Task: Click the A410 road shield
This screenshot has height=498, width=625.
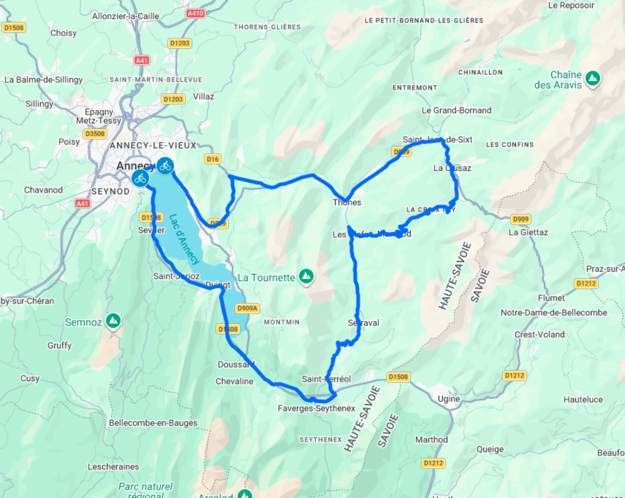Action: click(x=195, y=13)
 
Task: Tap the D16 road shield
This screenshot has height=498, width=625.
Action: click(x=212, y=159)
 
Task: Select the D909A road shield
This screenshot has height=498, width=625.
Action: click(x=247, y=308)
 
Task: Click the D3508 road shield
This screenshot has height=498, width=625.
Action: click(x=95, y=134)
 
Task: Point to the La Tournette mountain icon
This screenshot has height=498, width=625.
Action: click(x=306, y=276)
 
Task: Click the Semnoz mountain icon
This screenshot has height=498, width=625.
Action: click(x=113, y=321)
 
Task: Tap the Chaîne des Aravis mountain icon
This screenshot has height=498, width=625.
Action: click(x=592, y=78)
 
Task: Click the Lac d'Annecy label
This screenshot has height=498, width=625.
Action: click(x=184, y=239)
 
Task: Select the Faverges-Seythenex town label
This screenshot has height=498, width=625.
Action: click(x=316, y=408)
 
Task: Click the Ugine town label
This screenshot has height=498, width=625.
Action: click(x=449, y=398)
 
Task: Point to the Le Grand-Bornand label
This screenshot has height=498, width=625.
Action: click(x=456, y=110)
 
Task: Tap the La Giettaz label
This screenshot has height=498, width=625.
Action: click(x=528, y=232)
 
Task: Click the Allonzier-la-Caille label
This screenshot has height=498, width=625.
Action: click(x=125, y=16)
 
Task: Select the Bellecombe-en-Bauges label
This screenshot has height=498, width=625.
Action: click(x=153, y=423)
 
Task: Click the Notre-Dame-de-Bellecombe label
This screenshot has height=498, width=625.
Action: click(x=554, y=313)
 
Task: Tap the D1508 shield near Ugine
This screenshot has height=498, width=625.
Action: click(x=398, y=377)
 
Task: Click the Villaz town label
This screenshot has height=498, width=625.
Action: click(x=203, y=97)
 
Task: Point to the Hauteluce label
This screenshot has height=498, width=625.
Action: click(x=583, y=399)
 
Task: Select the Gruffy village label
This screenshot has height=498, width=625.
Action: click(x=60, y=345)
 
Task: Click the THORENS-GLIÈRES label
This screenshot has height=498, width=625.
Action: click(x=267, y=27)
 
